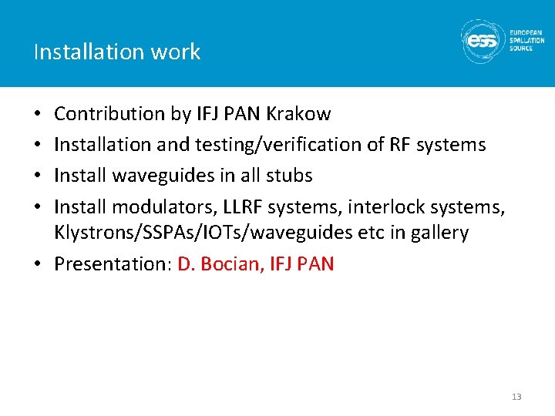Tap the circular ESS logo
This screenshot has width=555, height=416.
483,40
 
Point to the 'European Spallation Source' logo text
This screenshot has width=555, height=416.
526,40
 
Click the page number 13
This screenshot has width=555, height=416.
516,397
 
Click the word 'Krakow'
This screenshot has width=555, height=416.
298,114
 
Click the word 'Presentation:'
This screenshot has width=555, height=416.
113,264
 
